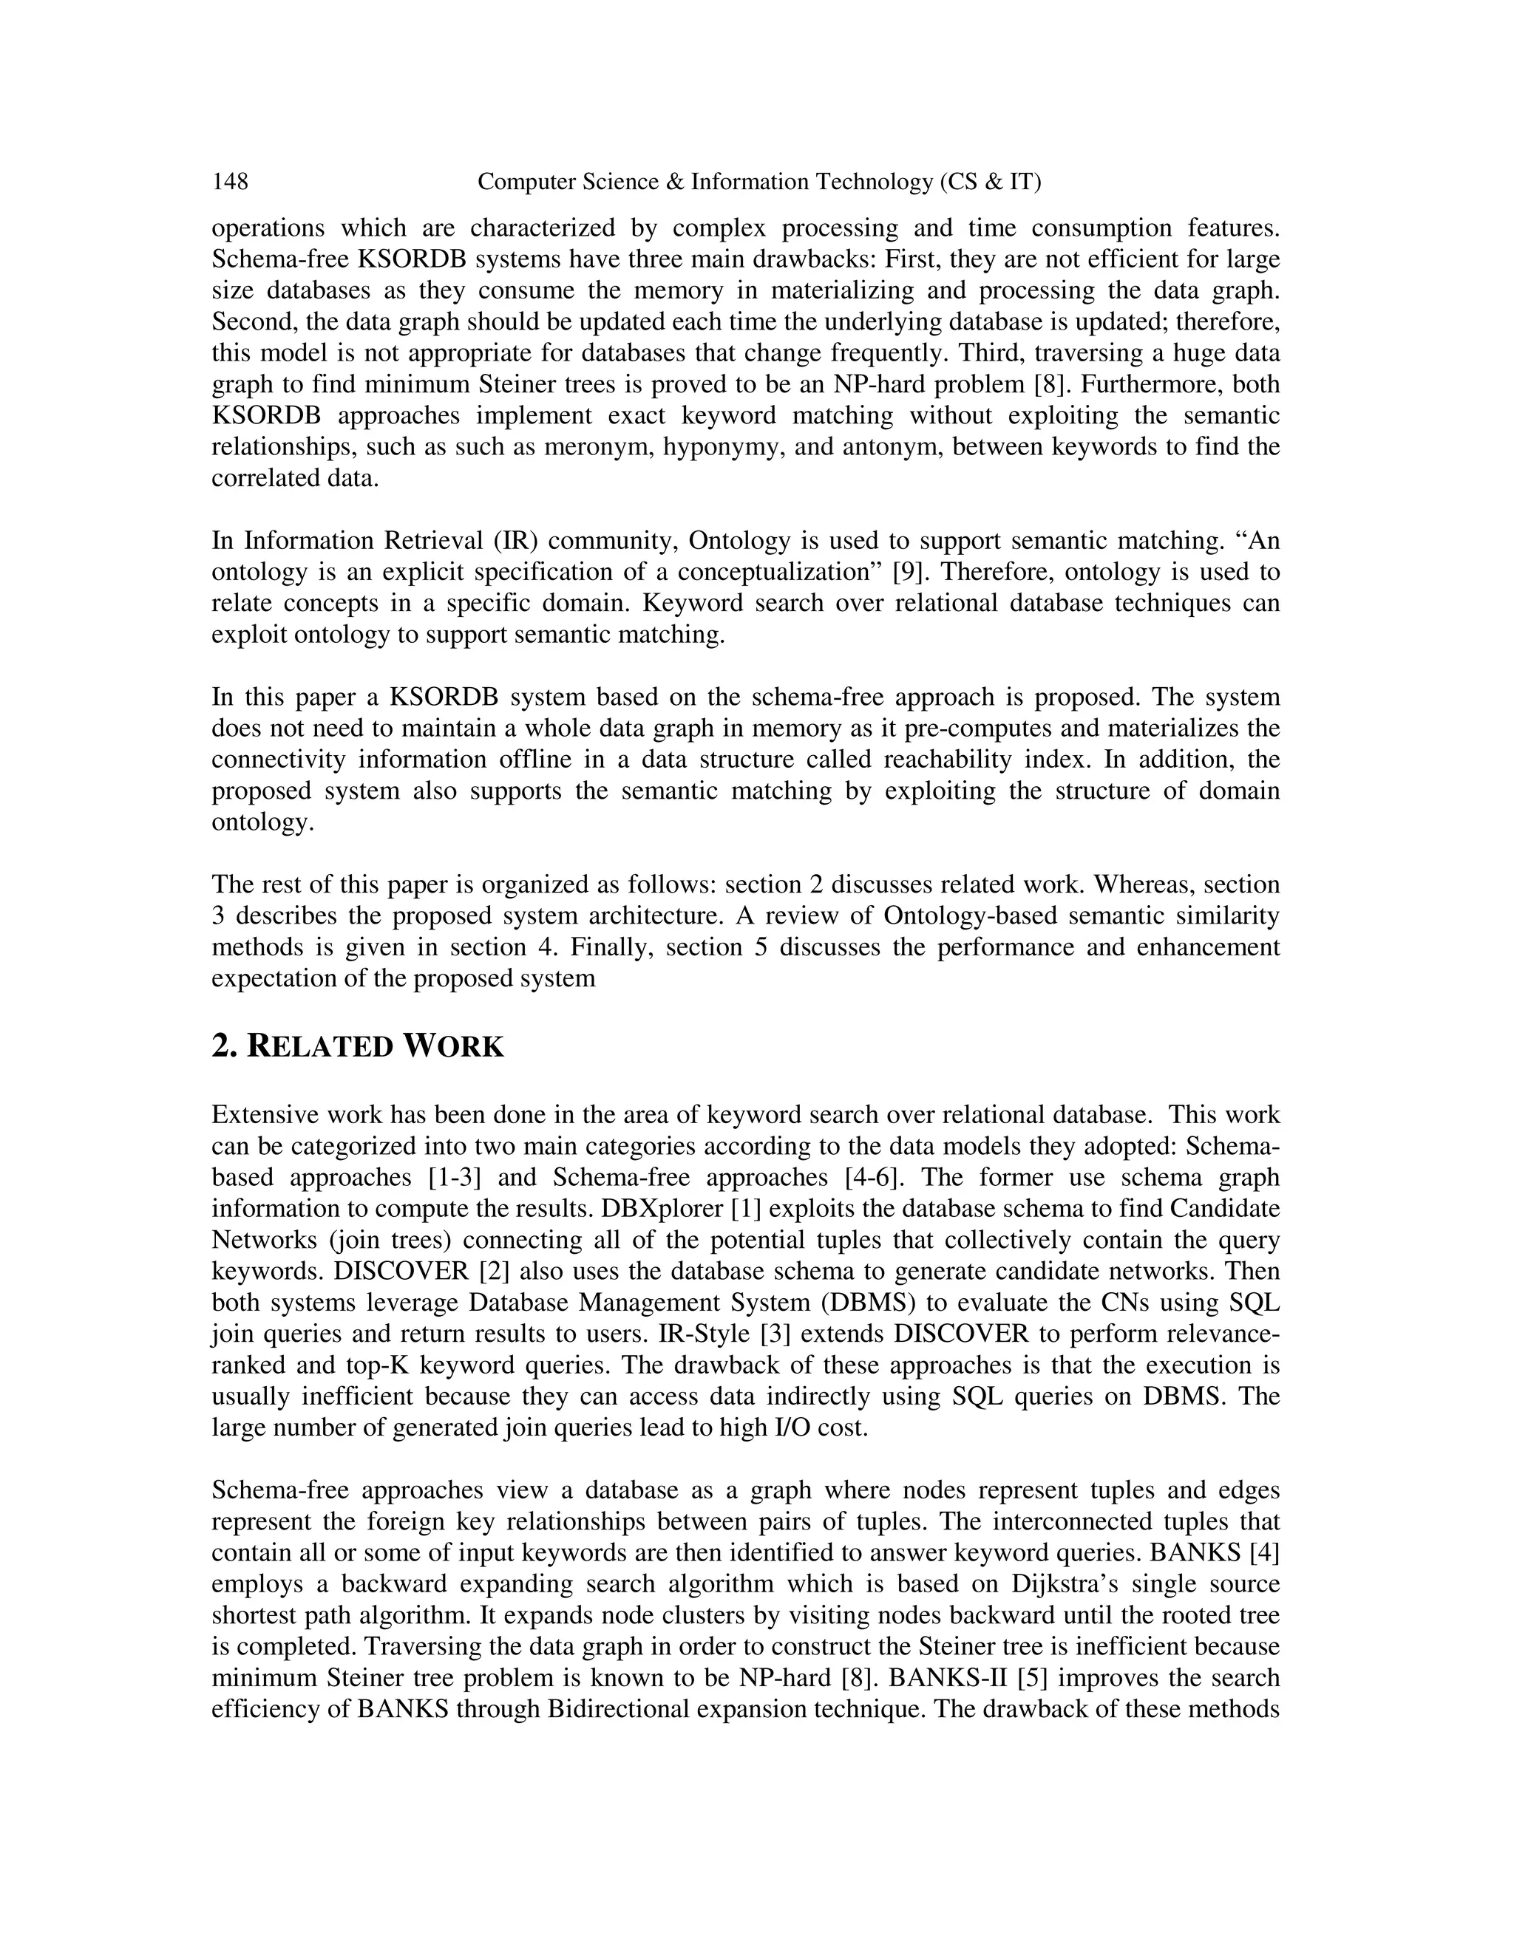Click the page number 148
coord(230,182)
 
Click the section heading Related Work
coord(358,1046)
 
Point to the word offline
coord(537,760)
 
